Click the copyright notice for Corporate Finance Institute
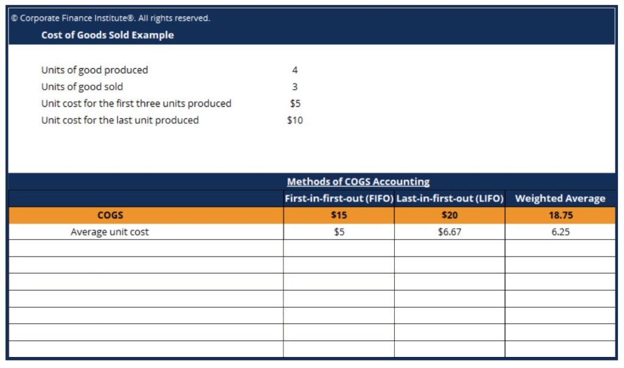pos(110,18)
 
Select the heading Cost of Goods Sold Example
pos(107,35)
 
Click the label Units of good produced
pos(94,70)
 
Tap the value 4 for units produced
pos(295,70)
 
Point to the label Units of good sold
pos(82,87)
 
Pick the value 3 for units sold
pos(295,87)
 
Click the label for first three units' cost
pos(136,104)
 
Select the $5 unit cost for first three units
pos(295,104)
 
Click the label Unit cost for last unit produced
pos(120,121)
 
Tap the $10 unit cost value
pos(295,121)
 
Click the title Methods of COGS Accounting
pos(358,182)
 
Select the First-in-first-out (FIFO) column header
pos(339,199)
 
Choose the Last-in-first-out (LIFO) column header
pos(450,199)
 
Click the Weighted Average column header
pos(560,199)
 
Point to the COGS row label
pos(110,215)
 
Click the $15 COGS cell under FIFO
pos(339,215)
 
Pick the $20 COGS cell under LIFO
pos(450,215)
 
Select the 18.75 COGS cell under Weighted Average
pos(560,215)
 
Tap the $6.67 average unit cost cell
pos(450,232)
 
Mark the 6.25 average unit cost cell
pos(560,232)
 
